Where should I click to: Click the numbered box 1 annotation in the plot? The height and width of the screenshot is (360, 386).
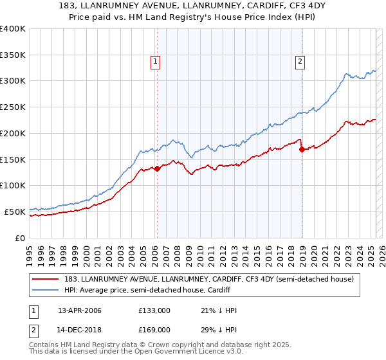click(156, 62)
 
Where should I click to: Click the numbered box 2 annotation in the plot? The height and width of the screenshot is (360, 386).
click(300, 62)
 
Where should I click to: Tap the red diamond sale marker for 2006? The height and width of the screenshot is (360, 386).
click(157, 168)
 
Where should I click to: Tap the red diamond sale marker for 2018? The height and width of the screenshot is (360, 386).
click(302, 150)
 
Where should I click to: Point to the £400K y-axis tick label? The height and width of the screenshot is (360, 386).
click(13, 29)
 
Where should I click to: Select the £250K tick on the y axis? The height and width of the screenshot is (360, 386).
click(13, 107)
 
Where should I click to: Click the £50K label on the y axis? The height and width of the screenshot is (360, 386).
click(15, 212)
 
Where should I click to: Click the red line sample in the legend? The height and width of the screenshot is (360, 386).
click(46, 279)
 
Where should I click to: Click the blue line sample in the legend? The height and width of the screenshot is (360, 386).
click(46, 290)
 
